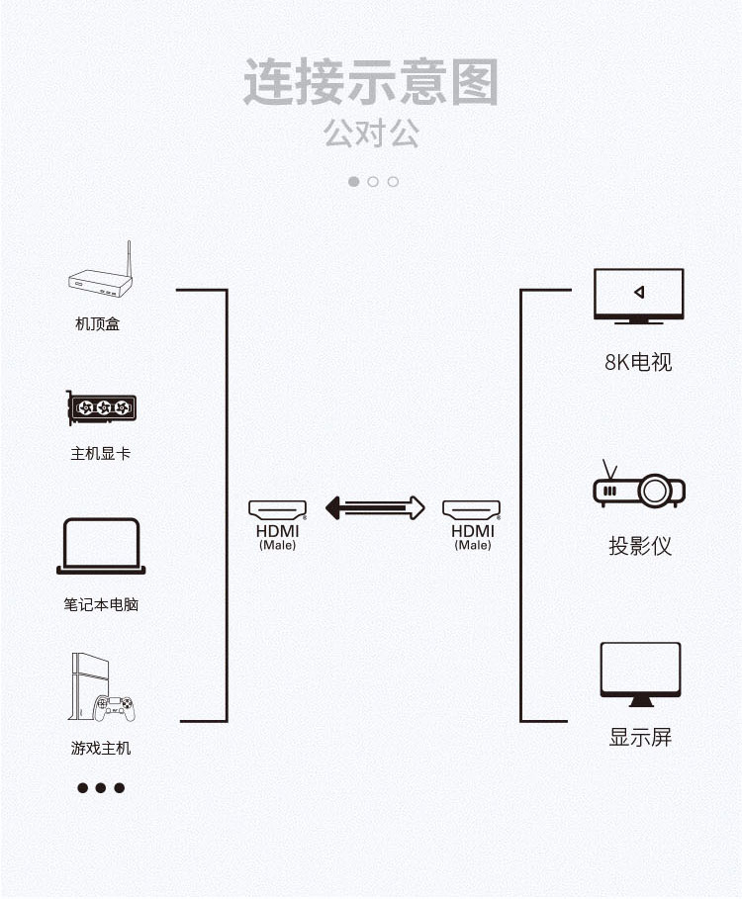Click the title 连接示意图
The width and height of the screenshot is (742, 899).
coord(371,83)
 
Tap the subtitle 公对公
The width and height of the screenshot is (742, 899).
coord(371,134)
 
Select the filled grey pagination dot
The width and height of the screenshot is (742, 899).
coord(354,181)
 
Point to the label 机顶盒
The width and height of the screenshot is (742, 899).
coord(98,323)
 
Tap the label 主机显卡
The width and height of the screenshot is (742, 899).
coord(100,454)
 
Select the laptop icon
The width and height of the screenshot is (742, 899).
coord(101,545)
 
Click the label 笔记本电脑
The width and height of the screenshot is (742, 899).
coord(101,603)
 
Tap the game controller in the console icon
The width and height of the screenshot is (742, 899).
coord(115,706)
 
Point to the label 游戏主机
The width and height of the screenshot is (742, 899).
coord(101,748)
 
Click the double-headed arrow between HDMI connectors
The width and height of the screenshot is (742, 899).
coord(375,508)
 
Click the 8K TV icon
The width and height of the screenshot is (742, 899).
coord(638,295)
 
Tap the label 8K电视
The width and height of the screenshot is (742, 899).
coord(638,362)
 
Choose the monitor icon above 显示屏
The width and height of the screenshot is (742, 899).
coord(640,674)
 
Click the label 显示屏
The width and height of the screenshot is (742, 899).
coord(640,737)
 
